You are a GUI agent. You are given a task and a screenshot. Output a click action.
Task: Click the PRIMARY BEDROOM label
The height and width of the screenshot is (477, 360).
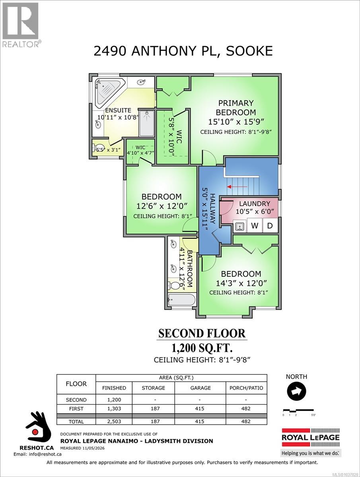tap(236, 108)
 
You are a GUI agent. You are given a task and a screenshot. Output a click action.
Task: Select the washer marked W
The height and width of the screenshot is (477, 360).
tap(255, 226)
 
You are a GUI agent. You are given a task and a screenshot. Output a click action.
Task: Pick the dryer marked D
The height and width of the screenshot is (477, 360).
tap(270, 226)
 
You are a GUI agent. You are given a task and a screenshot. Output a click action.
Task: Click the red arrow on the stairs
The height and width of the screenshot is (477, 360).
tap(237, 186)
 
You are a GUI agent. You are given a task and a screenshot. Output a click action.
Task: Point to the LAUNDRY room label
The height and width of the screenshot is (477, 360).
tap(255, 204)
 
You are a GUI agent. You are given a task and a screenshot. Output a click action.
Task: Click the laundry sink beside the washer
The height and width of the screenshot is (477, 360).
tap(240, 226)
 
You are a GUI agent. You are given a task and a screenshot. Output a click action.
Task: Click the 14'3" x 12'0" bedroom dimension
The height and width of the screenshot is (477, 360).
tap(241, 283)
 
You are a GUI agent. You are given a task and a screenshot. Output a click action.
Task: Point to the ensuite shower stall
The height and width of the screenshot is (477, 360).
tap(147, 124)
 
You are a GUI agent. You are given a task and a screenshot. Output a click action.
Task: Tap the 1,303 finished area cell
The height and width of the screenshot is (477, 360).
tap(114, 409)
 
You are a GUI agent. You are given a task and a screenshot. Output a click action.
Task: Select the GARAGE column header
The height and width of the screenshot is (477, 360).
tap(200, 388)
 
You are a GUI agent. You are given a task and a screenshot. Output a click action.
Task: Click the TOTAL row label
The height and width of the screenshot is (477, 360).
tap(76, 422)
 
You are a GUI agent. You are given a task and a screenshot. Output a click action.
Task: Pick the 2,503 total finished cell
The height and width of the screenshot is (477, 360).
tap(114, 421)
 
